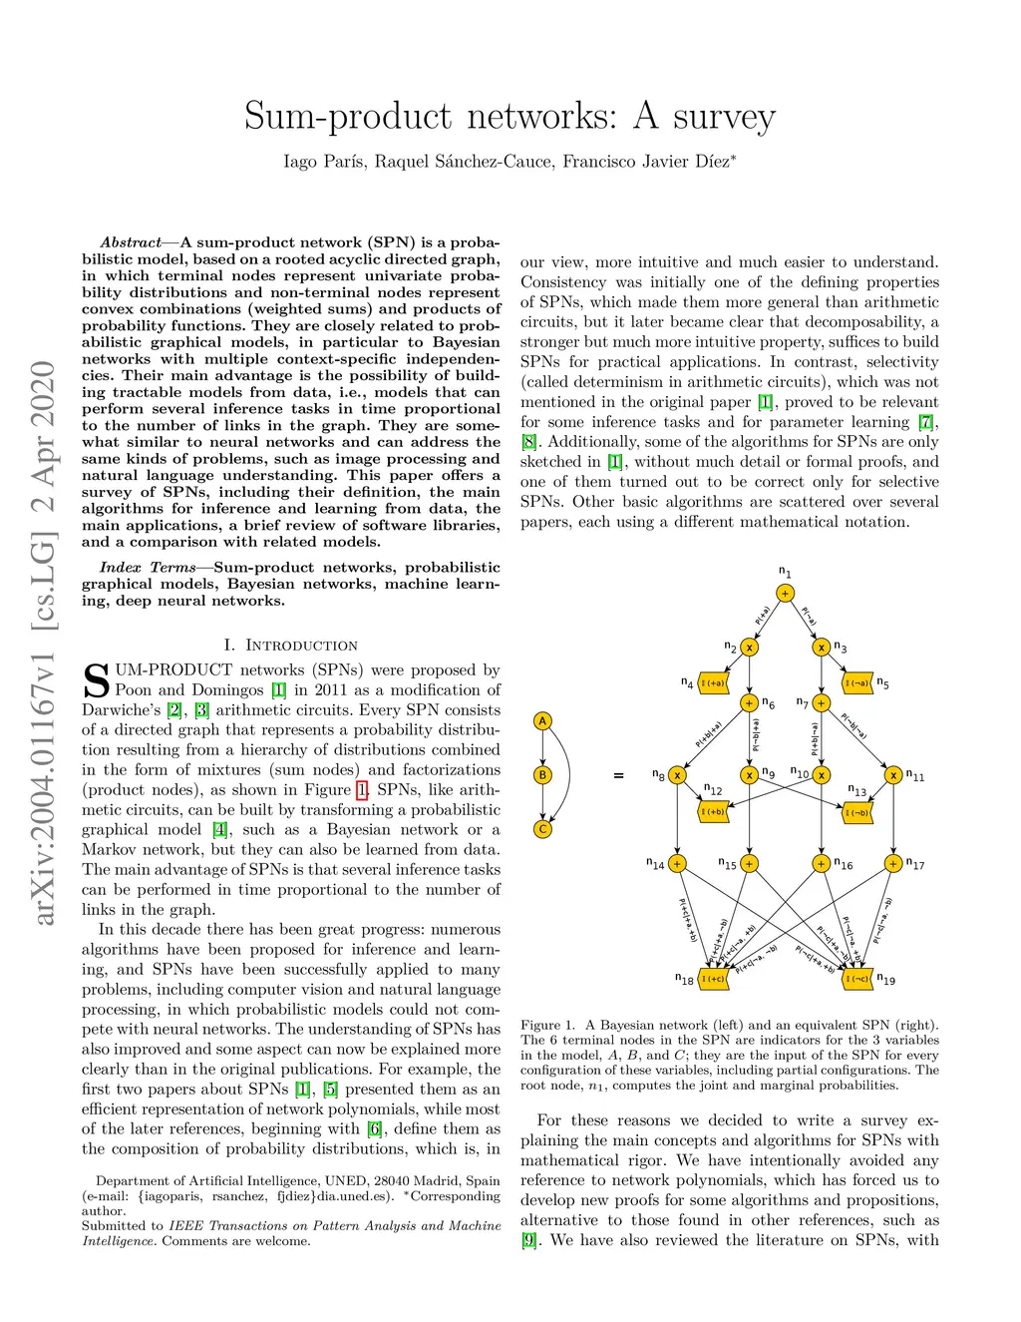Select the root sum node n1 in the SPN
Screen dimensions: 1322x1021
tap(786, 593)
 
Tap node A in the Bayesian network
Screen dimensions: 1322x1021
tap(542, 720)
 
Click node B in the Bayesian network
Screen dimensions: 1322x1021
tap(542, 774)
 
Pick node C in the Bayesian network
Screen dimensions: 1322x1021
tap(542, 828)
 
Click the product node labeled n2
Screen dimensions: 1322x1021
tap(749, 647)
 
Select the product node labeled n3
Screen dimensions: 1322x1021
tap(822, 647)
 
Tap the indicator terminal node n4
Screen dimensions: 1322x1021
tap(713, 683)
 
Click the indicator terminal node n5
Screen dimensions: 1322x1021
tap(857, 683)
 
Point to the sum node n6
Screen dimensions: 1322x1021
tap(749, 702)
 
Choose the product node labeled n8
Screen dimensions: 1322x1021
tap(677, 774)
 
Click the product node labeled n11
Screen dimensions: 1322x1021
tap(893, 774)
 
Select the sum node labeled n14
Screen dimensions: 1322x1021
tap(677, 863)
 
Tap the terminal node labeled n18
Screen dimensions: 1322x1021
tap(713, 979)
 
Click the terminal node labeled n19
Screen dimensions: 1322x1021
tap(857, 979)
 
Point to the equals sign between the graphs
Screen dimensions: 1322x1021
tap(618, 775)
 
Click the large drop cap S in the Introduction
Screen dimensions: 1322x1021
tap(96, 680)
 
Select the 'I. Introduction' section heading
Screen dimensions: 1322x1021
tap(290, 645)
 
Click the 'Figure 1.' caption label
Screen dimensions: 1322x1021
tap(547, 1025)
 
